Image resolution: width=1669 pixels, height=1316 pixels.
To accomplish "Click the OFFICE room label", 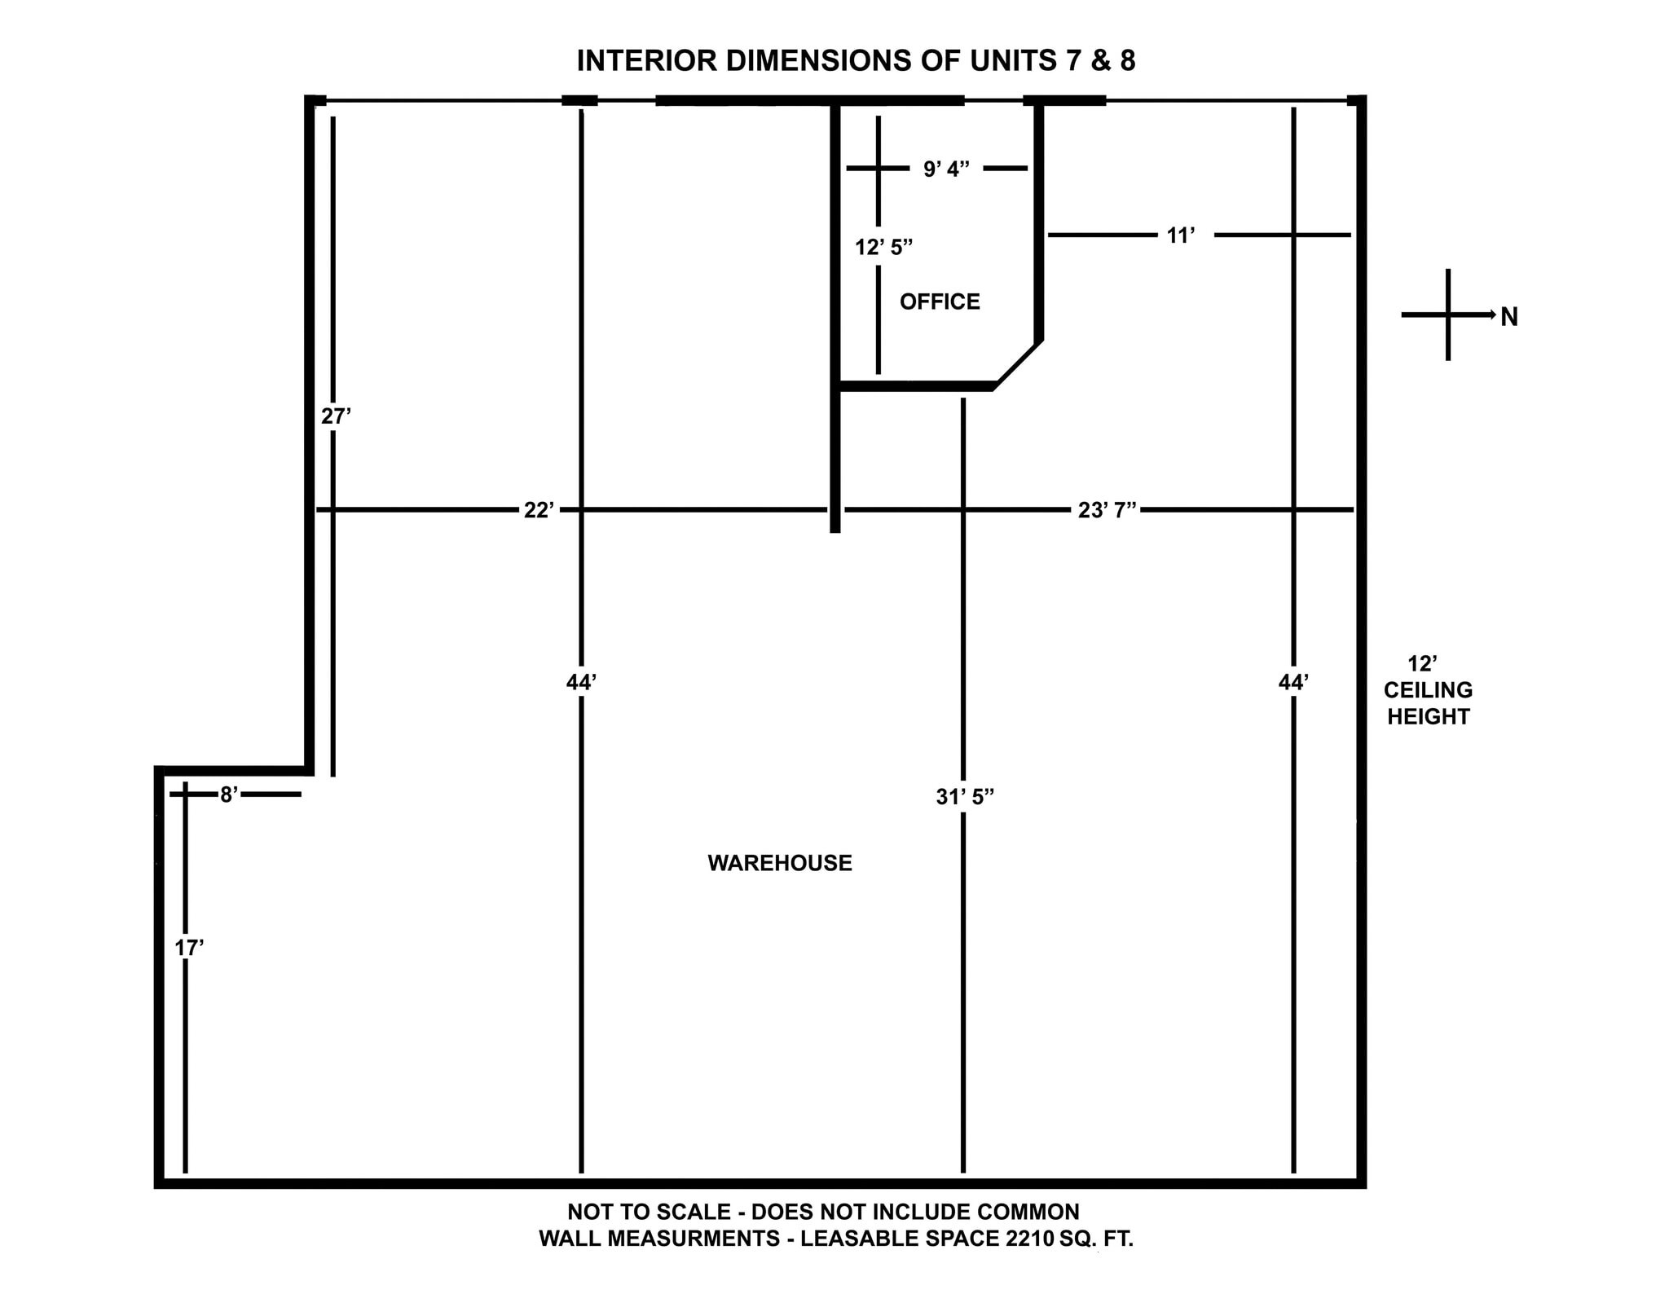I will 940,301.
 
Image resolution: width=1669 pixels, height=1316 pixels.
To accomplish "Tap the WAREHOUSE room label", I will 779,863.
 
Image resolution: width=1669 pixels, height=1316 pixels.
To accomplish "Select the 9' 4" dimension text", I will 946,169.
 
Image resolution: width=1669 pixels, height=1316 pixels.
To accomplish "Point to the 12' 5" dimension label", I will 883,247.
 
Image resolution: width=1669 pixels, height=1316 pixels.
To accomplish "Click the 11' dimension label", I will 1181,235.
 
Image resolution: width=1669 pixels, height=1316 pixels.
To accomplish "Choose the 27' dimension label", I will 336,416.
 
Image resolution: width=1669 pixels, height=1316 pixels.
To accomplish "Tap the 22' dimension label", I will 539,510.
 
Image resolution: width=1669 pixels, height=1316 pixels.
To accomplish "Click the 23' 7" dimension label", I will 1107,510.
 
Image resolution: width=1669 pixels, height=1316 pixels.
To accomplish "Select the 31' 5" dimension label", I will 965,797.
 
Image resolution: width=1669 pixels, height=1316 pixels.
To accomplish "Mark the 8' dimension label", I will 229,794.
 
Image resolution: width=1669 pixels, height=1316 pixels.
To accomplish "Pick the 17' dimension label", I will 189,948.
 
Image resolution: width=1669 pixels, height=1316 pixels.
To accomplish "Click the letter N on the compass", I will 1509,318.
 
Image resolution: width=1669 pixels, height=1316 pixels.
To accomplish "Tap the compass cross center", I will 1448,315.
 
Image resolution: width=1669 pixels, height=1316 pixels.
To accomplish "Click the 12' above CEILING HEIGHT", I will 1423,664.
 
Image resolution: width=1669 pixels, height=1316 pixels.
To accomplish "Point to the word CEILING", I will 1428,690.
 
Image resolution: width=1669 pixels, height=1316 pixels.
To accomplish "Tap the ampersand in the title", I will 1101,61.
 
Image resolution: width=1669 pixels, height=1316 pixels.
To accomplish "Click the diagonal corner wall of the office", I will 1017,363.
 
